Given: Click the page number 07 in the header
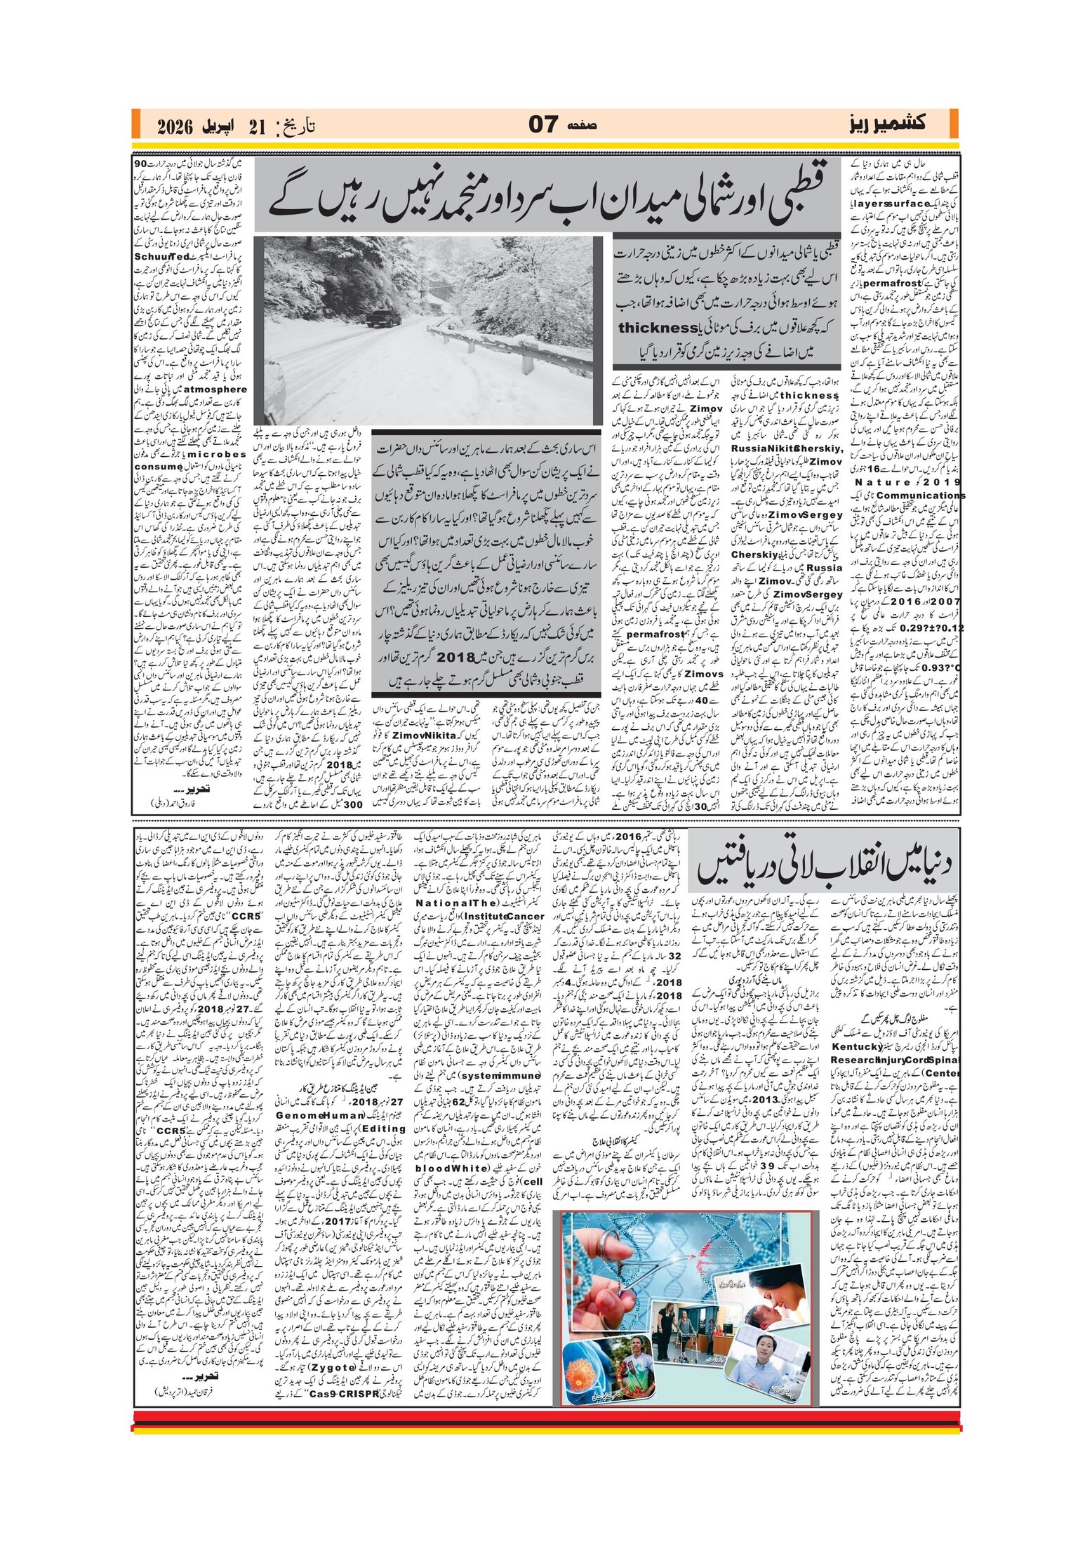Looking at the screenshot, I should pos(542,124).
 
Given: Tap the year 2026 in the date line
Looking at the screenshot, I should pos(175,126).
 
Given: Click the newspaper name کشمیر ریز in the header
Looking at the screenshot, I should pos(885,124).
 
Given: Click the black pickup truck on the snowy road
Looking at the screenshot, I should pos(382,317).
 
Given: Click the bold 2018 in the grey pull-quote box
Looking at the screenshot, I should pos(456,658).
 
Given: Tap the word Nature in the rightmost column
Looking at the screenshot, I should pos(877,482).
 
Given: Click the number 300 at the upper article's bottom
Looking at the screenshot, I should pos(353,804).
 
